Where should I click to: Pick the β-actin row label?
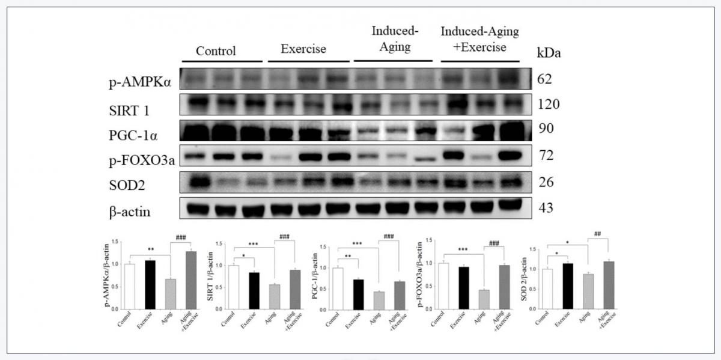(130, 211)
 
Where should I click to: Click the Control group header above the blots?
(216, 50)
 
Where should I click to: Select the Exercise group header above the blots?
(304, 49)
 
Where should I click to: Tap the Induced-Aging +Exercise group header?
(479, 39)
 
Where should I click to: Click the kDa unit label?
(548, 53)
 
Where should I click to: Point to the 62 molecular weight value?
(548, 79)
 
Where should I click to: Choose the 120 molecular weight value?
(549, 105)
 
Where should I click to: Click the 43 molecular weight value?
(548, 209)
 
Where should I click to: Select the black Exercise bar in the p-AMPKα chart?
(151, 284)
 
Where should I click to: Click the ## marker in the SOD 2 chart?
(597, 234)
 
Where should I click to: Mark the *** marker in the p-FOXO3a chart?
(463, 249)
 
